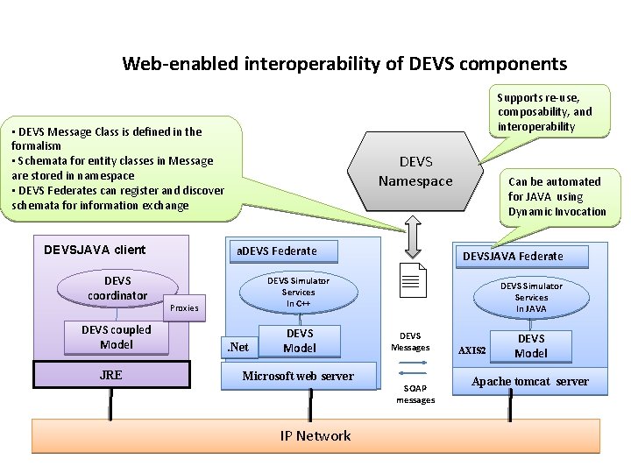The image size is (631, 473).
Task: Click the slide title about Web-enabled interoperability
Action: click(344, 64)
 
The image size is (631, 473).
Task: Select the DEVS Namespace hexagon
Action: click(415, 172)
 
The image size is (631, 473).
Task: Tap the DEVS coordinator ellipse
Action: click(117, 288)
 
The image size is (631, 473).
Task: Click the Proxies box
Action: click(184, 307)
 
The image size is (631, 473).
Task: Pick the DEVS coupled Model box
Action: click(117, 337)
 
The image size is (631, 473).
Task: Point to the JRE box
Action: click(111, 375)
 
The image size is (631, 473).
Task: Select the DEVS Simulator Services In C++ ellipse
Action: click(298, 292)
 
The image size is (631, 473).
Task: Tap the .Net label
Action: click(238, 347)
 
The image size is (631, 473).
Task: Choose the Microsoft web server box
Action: click(298, 376)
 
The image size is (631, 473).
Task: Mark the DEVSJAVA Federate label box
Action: click(513, 256)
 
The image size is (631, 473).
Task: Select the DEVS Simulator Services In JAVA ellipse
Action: click(531, 298)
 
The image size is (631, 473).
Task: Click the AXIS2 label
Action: click(472, 349)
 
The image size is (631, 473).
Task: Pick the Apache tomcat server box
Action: click(529, 381)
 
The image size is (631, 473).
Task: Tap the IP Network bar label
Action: click(315, 436)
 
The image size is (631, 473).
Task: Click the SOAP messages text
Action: click(415, 394)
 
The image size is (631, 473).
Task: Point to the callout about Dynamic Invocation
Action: click(556, 196)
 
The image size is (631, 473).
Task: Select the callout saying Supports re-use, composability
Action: click(544, 111)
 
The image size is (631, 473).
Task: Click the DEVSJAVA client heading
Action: click(95, 250)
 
